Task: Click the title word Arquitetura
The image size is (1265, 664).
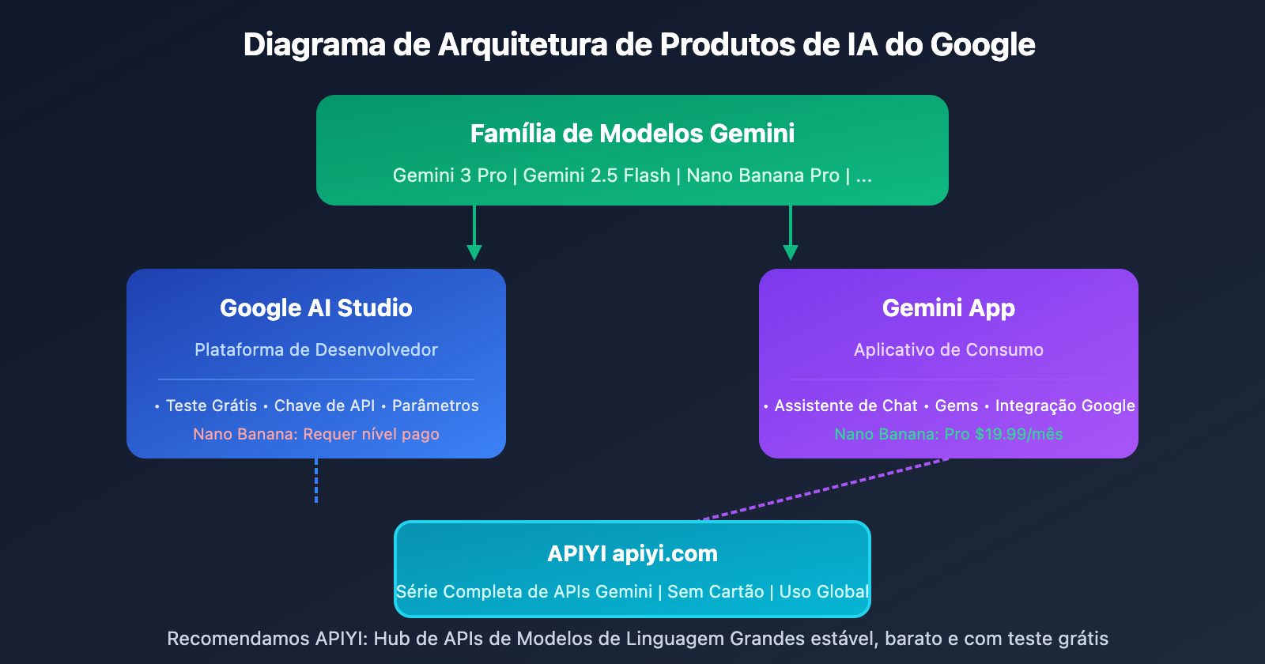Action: [x=524, y=45]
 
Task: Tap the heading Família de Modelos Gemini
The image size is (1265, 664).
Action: [x=632, y=134]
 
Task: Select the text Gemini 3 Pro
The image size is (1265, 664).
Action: [x=449, y=175]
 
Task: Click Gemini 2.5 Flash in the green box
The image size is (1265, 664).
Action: [x=596, y=175]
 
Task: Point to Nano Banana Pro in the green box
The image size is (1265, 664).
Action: [x=762, y=175]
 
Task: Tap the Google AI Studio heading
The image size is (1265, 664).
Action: [x=316, y=307]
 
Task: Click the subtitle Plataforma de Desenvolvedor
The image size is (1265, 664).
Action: [x=316, y=349]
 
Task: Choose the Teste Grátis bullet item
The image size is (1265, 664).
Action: [x=211, y=406]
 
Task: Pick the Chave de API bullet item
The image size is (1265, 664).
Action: [x=324, y=406]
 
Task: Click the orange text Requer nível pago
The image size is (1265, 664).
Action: [x=371, y=434]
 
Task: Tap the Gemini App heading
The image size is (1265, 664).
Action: [x=948, y=307]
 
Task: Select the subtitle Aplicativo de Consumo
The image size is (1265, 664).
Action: [x=948, y=349]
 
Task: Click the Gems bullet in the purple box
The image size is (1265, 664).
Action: [x=956, y=406]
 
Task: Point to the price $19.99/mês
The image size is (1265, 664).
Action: [x=1018, y=434]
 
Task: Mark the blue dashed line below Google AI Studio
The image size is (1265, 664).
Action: [x=316, y=481]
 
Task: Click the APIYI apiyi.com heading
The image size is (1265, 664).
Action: [x=632, y=553]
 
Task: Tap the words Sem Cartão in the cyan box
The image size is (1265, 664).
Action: [x=716, y=591]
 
